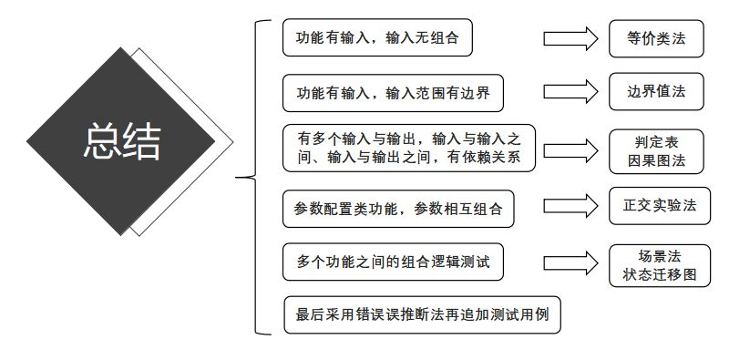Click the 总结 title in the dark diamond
coord(121,141)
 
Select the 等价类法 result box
coord(656,38)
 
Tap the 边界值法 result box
coord(656,92)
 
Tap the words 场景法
coord(656,254)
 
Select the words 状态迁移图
coord(656,273)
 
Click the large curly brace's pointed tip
coord(238,178)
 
